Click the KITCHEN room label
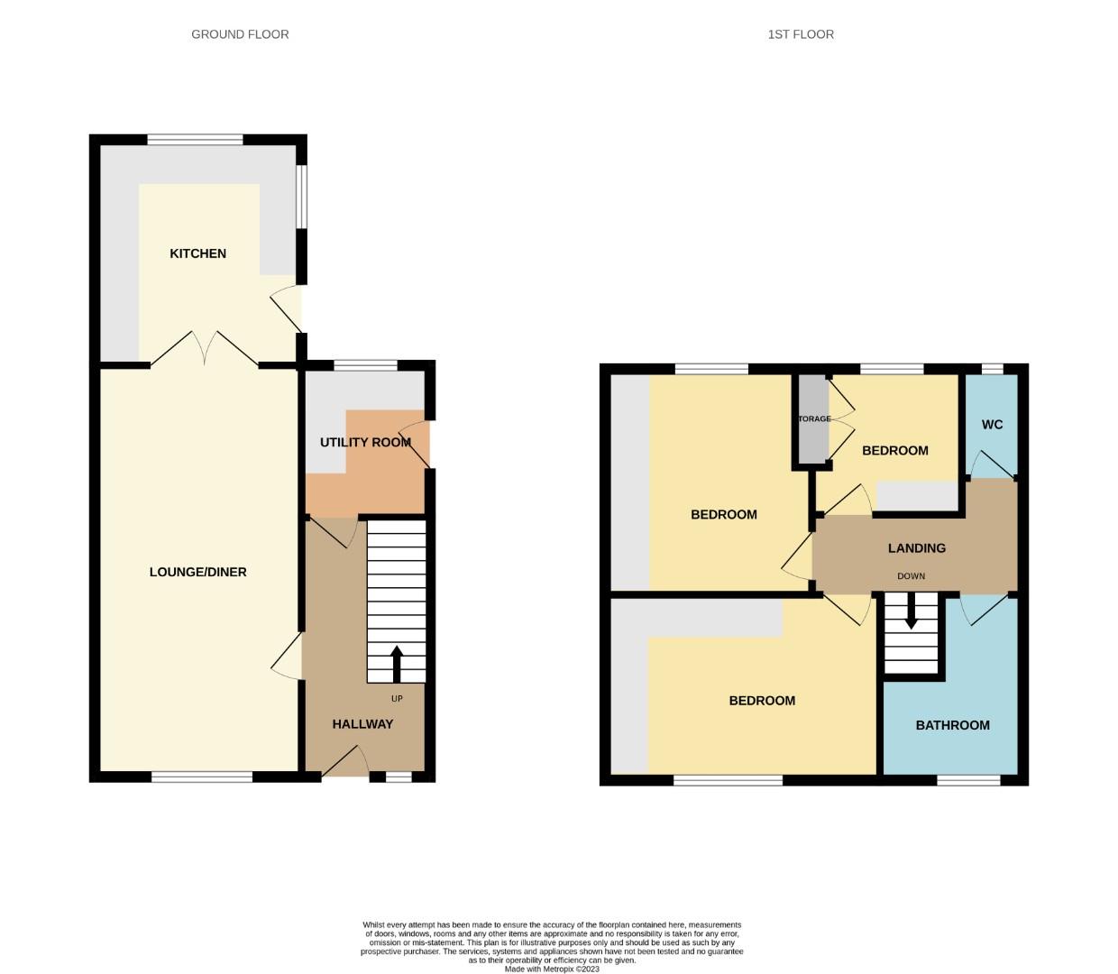197,253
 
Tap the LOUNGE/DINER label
197,572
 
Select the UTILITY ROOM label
365,442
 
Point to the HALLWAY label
362,724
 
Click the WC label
992,425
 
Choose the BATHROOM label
952,725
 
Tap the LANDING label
916,548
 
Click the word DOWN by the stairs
911,576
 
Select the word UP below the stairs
397,699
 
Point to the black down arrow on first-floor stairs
911,611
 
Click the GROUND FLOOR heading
240,34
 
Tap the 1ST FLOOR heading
801,34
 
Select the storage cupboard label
813,419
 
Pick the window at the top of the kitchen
195,140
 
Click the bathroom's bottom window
968,780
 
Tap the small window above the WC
992,369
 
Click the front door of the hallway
344,763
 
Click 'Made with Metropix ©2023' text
552,969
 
